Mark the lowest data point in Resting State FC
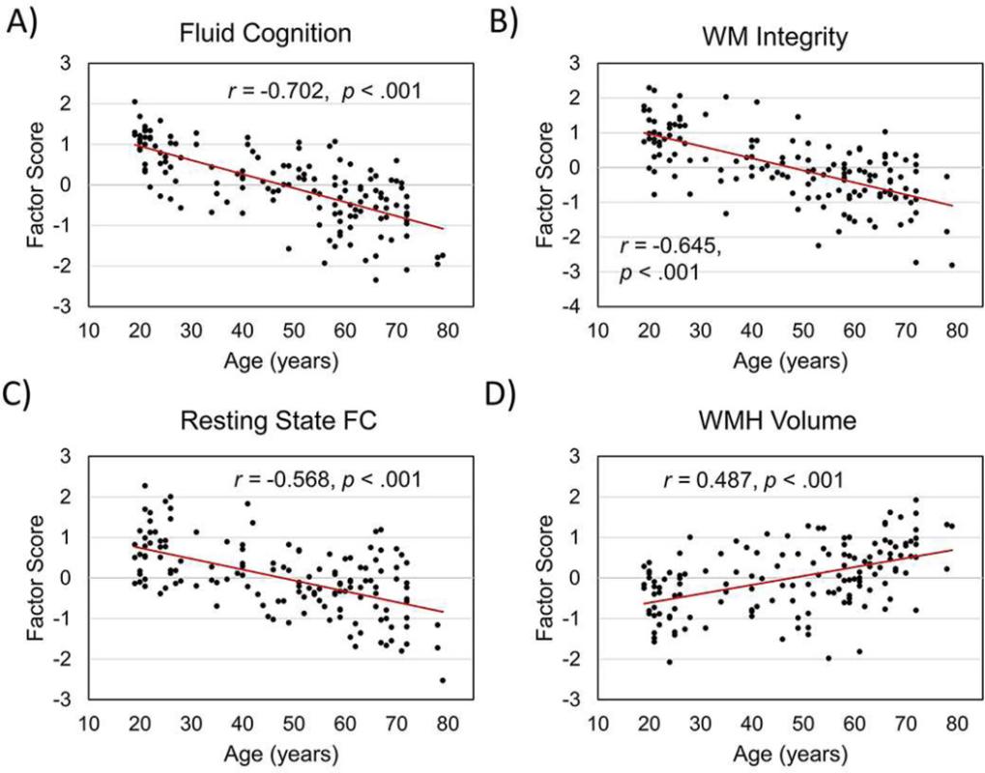click(x=443, y=680)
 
